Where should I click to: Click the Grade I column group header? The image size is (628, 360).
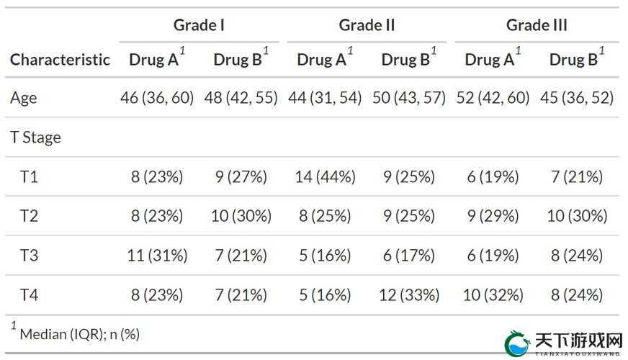pos(199,25)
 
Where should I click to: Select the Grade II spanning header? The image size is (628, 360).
pos(367,25)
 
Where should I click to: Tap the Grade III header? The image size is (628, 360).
pos(537,25)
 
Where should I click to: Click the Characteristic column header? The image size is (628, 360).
pos(60,60)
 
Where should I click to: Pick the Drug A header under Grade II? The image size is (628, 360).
pos(322,60)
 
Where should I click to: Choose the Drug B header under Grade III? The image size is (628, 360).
pos(573,60)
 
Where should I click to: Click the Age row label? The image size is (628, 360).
pos(24,98)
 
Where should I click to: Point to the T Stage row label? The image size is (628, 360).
pos(35,138)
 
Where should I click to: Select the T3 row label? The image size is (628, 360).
pos(29,255)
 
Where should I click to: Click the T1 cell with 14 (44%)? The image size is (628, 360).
pos(326,176)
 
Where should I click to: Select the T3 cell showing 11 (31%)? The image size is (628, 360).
pos(158,255)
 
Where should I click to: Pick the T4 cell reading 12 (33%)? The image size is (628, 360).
pos(409,295)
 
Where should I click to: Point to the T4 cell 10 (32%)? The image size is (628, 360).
pos(493,295)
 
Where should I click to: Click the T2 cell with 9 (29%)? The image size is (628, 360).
pos(493,216)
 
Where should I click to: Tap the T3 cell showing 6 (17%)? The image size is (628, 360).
pos(409,255)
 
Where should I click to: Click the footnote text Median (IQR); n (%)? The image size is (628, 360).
pos(80,334)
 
